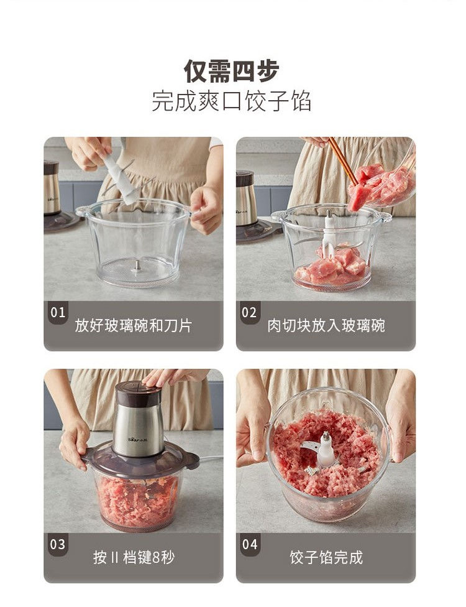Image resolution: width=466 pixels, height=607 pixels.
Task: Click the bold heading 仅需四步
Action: coord(231,71)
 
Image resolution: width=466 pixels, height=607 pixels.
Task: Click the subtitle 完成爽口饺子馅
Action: coord(231,101)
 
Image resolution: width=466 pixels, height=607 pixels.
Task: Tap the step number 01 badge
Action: coord(58,312)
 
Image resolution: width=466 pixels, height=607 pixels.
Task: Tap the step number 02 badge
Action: coord(249,312)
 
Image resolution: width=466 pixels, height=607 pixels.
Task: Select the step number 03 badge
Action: coord(58,544)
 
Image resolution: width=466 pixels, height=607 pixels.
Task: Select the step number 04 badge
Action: coord(249,544)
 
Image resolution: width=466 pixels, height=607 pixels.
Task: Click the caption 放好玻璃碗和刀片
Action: coord(134,325)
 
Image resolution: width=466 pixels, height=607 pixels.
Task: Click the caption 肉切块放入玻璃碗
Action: coord(326,325)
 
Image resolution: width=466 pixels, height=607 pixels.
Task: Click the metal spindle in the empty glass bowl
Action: coord(137,267)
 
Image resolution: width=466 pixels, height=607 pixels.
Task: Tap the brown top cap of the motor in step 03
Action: coord(139,392)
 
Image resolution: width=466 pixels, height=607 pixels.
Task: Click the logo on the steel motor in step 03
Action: coord(137,438)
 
